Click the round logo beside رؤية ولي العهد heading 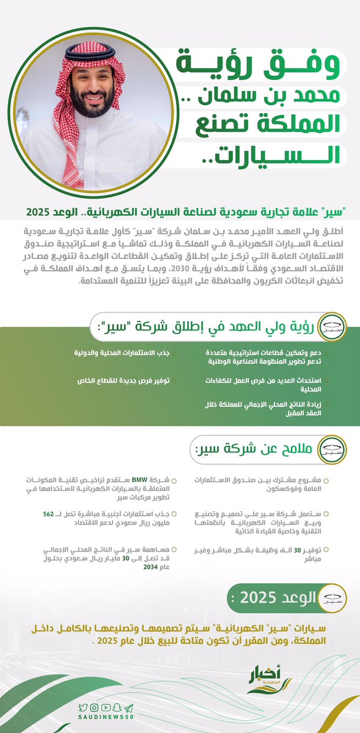[332, 326]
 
